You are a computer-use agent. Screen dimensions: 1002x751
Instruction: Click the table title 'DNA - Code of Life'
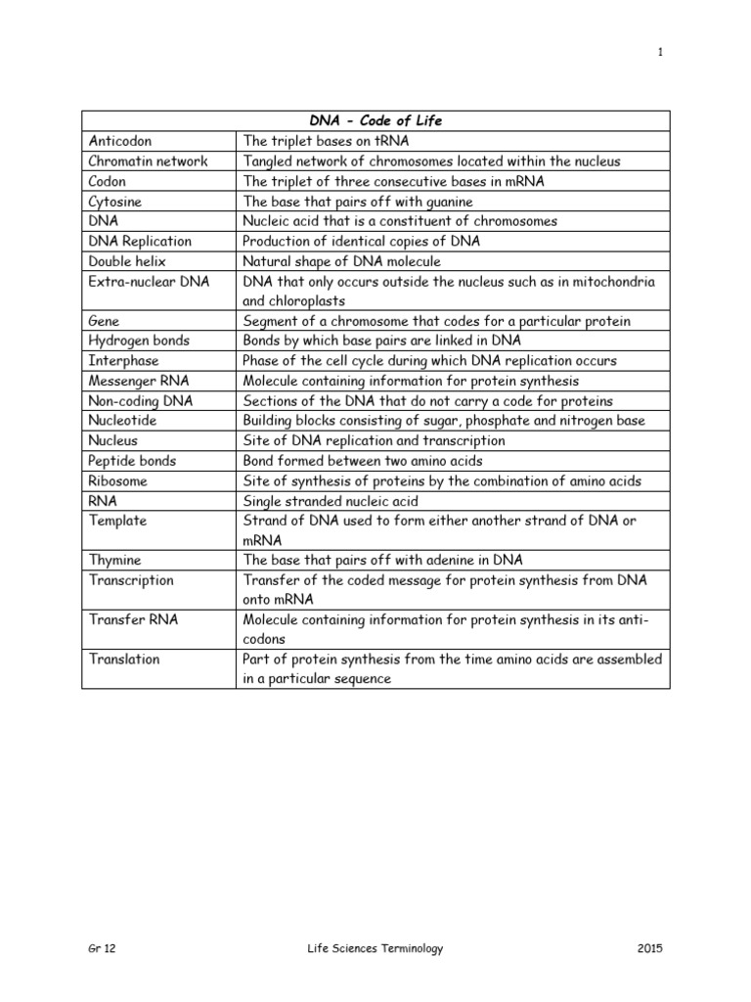pyautogui.click(x=376, y=120)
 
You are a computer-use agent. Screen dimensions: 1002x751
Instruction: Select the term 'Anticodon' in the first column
pyautogui.click(x=120, y=141)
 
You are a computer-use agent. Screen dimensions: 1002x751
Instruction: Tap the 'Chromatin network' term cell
pyautogui.click(x=148, y=161)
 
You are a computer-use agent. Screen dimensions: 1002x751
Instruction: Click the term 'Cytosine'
pyautogui.click(x=115, y=201)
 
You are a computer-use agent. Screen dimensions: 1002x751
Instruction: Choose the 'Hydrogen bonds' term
pyautogui.click(x=139, y=341)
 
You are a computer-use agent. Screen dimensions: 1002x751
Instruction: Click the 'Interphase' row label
pyautogui.click(x=123, y=361)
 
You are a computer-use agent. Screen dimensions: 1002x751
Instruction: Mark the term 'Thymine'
pyautogui.click(x=114, y=560)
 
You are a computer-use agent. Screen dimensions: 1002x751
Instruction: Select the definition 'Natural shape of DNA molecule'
pyautogui.click(x=341, y=261)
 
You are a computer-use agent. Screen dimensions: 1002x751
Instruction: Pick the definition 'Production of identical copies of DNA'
pyautogui.click(x=361, y=241)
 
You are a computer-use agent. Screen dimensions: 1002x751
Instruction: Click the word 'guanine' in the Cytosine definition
pyautogui.click(x=420, y=201)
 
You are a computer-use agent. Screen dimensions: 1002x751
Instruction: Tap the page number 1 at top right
pyautogui.click(x=660, y=53)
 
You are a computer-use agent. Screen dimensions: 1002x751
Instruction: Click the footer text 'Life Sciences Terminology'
pyautogui.click(x=375, y=948)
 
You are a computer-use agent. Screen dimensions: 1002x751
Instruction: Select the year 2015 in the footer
pyautogui.click(x=647, y=948)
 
